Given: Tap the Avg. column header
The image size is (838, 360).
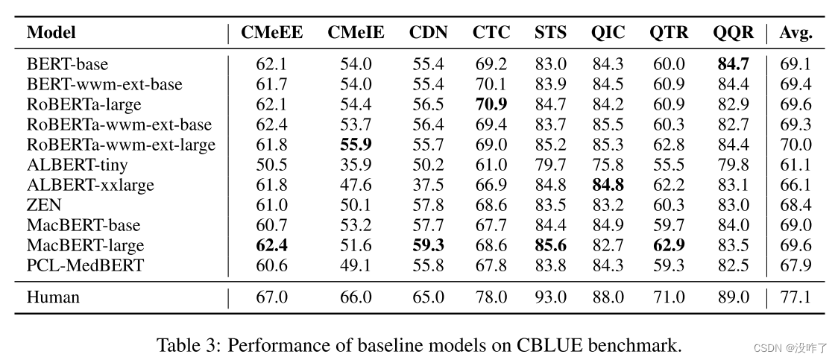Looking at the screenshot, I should click(x=796, y=33).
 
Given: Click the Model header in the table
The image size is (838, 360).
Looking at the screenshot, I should click(x=51, y=33).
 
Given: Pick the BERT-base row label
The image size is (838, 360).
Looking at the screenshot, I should click(x=67, y=65).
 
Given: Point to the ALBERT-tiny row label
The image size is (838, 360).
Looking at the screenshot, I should click(x=77, y=165).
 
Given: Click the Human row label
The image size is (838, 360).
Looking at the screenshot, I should click(x=53, y=297).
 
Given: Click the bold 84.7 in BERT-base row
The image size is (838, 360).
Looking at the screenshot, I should click(x=733, y=65).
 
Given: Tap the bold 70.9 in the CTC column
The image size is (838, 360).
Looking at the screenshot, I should click(x=491, y=105).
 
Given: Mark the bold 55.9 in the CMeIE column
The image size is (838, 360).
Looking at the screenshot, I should click(x=356, y=145).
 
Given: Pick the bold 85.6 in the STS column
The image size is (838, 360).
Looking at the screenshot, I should click(x=550, y=245).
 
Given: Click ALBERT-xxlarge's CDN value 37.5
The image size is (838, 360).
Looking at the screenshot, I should click(x=428, y=185).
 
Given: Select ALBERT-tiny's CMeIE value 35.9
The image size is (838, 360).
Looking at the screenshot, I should click(x=356, y=165).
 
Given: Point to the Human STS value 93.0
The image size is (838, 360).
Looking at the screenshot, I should click(x=550, y=297).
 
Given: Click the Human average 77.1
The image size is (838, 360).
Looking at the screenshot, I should click(x=796, y=297).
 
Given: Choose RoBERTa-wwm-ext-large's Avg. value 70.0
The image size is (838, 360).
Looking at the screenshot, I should click(x=796, y=145).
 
